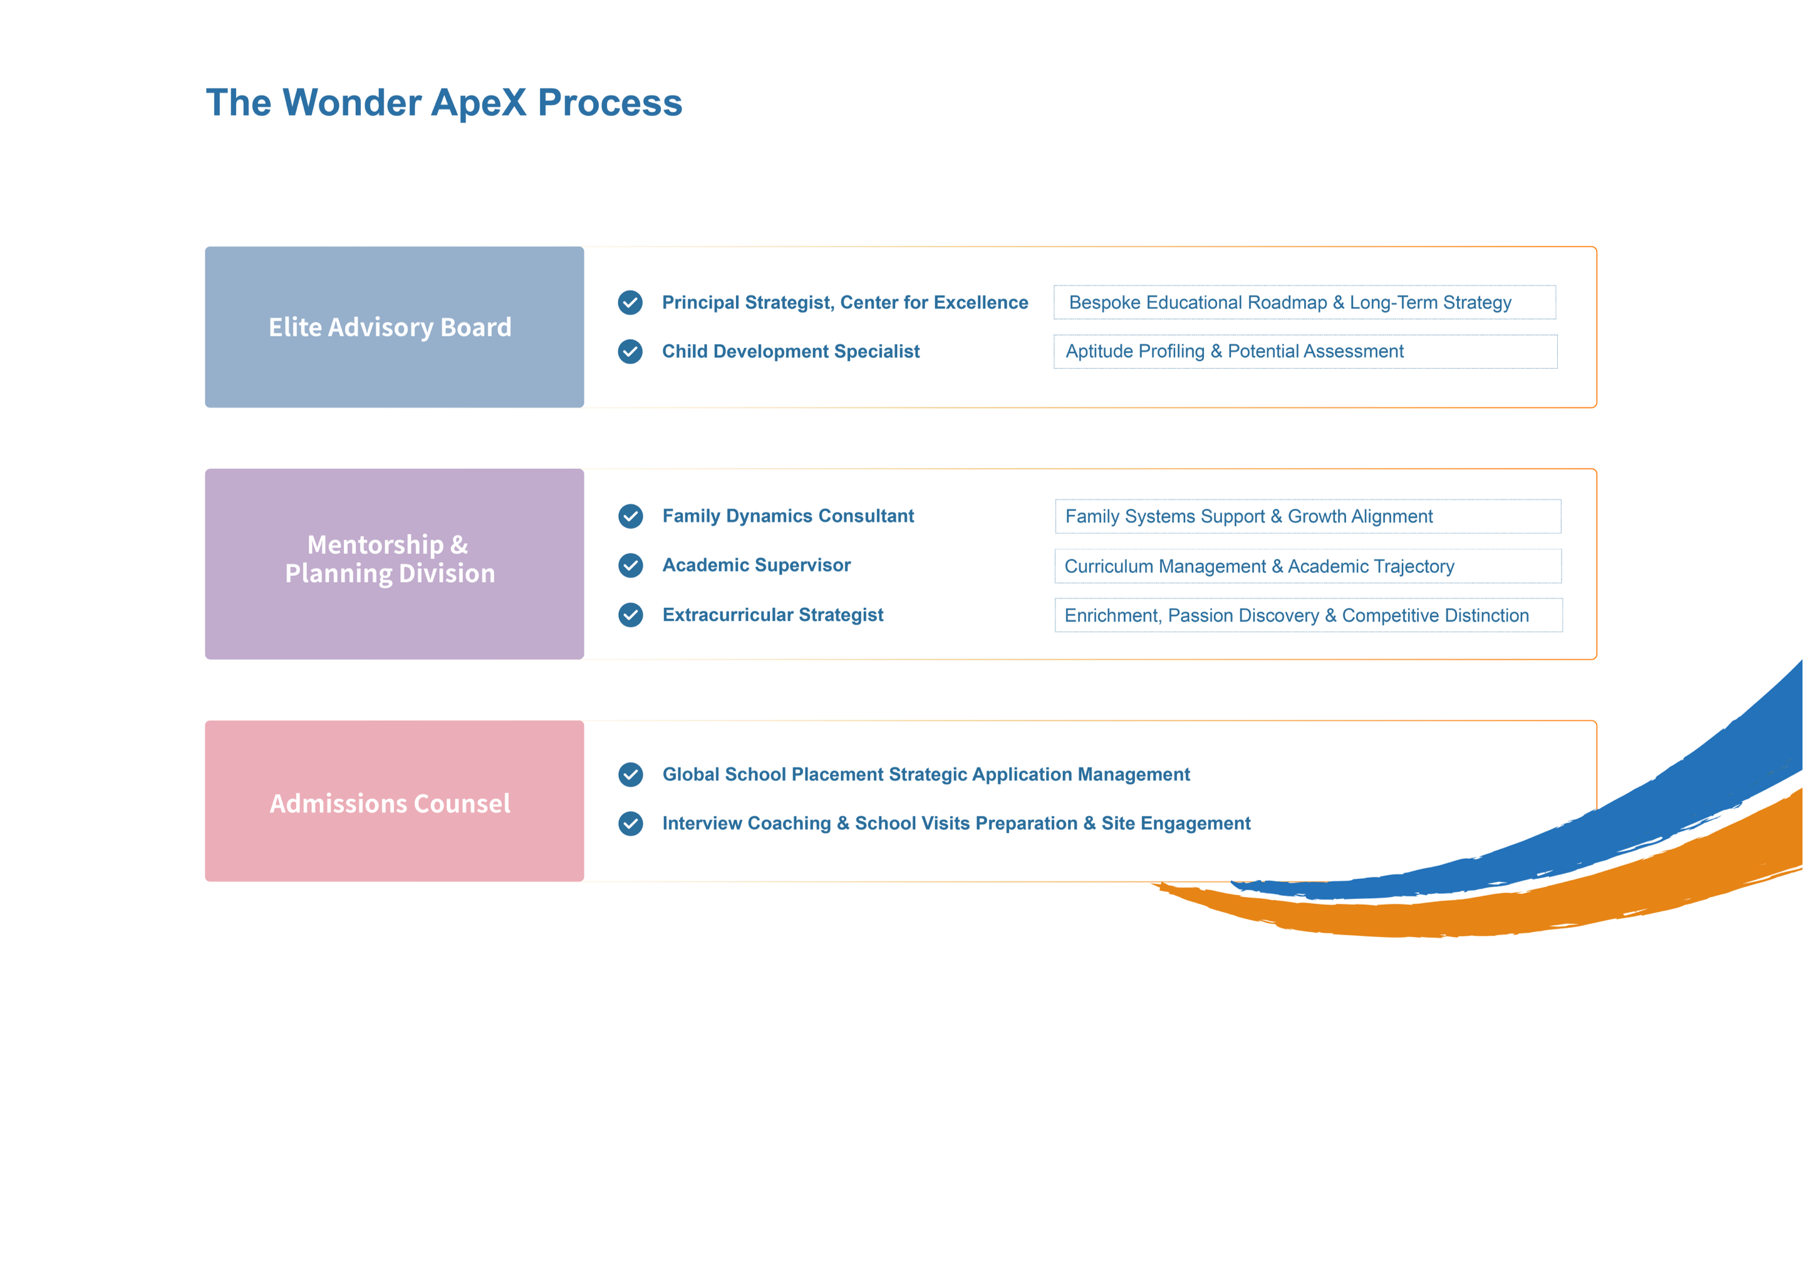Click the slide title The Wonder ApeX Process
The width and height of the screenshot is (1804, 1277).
pyautogui.click(x=443, y=103)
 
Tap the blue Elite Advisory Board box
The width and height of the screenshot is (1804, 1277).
pyautogui.click(x=394, y=327)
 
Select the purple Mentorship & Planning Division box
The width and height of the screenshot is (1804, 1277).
pyautogui.click(x=394, y=564)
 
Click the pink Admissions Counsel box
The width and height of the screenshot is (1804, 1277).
pyautogui.click(x=394, y=801)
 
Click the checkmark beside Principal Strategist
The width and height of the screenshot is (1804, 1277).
pyautogui.click(x=630, y=303)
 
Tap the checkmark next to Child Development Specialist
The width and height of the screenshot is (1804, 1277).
pyautogui.click(x=630, y=352)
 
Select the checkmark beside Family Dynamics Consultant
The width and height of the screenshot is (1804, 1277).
pyautogui.click(x=630, y=516)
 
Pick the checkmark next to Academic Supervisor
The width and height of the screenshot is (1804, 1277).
pyautogui.click(x=630, y=565)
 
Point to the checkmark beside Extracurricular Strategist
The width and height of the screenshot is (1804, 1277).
pyautogui.click(x=630, y=615)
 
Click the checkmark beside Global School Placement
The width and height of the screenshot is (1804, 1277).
pyautogui.click(x=630, y=774)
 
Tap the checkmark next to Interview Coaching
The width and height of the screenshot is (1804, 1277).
pyautogui.click(x=630, y=823)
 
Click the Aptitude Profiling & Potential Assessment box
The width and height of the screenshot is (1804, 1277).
pyautogui.click(x=1305, y=352)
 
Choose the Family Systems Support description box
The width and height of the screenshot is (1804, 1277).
pyautogui.click(x=1307, y=516)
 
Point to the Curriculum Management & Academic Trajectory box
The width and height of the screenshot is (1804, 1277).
pyautogui.click(x=1307, y=566)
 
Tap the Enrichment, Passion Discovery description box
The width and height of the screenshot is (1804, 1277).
pyautogui.click(x=1309, y=615)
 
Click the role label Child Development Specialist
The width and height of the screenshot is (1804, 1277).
pyautogui.click(x=791, y=352)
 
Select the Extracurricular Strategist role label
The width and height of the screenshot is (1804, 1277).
pyautogui.click(x=772, y=615)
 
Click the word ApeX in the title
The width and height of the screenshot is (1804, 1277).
pyautogui.click(x=479, y=103)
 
